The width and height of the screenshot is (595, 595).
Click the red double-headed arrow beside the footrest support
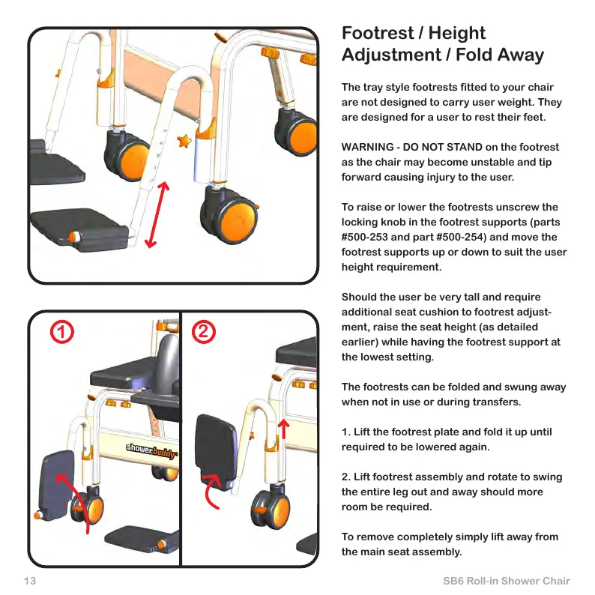(157, 215)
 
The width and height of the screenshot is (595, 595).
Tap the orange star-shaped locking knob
(184, 141)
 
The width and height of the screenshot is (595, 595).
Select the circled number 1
(62, 332)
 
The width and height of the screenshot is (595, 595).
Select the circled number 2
(204, 332)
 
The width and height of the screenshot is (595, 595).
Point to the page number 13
(30, 581)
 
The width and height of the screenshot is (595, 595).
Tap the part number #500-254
(461, 237)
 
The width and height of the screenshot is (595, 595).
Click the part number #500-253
(365, 237)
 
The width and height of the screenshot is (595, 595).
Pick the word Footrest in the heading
(378, 33)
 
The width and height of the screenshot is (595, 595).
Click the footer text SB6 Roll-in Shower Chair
(507, 581)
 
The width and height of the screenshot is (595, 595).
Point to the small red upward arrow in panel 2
(283, 429)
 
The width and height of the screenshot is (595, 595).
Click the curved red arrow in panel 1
(75, 501)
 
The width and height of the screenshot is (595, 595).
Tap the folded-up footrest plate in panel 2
(216, 450)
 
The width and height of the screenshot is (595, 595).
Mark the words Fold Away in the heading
(500, 55)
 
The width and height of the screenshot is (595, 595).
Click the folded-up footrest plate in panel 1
(55, 484)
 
